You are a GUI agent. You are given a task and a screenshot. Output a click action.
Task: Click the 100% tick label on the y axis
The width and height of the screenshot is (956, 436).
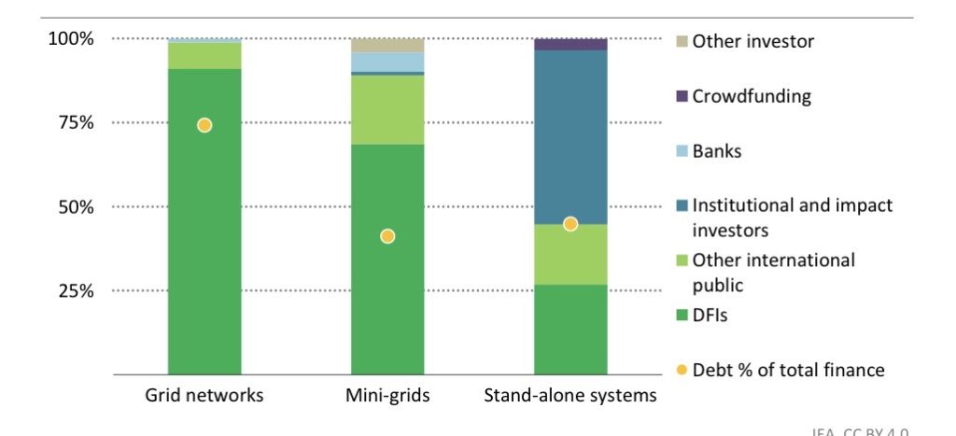[x=71, y=39]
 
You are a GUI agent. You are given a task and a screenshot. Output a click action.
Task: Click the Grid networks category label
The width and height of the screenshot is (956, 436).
[x=204, y=395]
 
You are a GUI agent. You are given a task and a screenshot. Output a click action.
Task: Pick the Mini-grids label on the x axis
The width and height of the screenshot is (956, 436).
[x=387, y=395]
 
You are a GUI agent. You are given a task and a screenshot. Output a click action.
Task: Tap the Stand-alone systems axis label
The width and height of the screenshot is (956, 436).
[x=570, y=395]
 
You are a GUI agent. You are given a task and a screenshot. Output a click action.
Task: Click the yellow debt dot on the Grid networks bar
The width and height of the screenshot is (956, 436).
[x=204, y=125]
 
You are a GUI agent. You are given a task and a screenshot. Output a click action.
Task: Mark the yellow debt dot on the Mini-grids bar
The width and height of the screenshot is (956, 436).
[x=387, y=236]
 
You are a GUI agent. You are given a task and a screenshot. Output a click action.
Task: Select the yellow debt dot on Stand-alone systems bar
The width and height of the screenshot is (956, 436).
[x=570, y=224]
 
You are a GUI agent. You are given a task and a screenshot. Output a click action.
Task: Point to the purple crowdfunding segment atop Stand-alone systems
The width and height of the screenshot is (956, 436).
[x=570, y=44]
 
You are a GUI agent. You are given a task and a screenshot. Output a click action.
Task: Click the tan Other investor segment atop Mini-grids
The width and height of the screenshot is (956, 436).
[x=387, y=45]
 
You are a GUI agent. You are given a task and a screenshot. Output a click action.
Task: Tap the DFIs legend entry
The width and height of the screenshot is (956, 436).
[x=709, y=316]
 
